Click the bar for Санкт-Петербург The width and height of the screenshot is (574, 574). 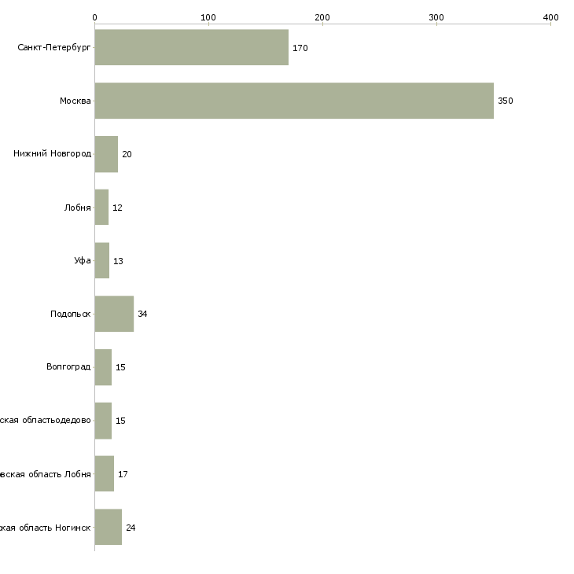pyautogui.click(x=191, y=47)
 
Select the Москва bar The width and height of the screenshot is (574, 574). pyautogui.click(x=294, y=101)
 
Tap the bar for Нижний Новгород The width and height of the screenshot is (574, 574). pyautogui.click(x=106, y=154)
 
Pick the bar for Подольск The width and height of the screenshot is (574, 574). pyautogui.click(x=114, y=314)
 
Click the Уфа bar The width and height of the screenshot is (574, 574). pyautogui.click(x=102, y=260)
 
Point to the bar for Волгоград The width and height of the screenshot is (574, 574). pyautogui.click(x=103, y=367)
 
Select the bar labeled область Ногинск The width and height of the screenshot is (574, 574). pyautogui.click(x=108, y=527)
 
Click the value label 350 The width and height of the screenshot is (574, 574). pyautogui.click(x=505, y=101)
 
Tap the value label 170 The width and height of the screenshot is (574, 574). pyautogui.click(x=300, y=48)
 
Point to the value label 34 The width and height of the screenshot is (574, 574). pyautogui.click(x=142, y=314)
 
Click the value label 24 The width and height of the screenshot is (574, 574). pyautogui.click(x=131, y=528)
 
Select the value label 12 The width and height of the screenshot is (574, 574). pyautogui.click(x=117, y=208)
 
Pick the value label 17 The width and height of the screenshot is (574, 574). pyautogui.click(x=123, y=474)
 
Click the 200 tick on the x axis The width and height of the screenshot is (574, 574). pyautogui.click(x=322, y=17)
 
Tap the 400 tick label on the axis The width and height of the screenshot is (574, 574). pyautogui.click(x=550, y=17)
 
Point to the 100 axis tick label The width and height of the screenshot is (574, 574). pyautogui.click(x=208, y=17)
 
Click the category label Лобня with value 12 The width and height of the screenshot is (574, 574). pyautogui.click(x=78, y=208)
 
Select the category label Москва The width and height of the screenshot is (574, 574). pyautogui.click(x=75, y=101)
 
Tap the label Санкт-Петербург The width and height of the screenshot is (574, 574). pyautogui.click(x=54, y=48)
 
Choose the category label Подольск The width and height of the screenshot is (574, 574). pyautogui.click(x=70, y=314)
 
